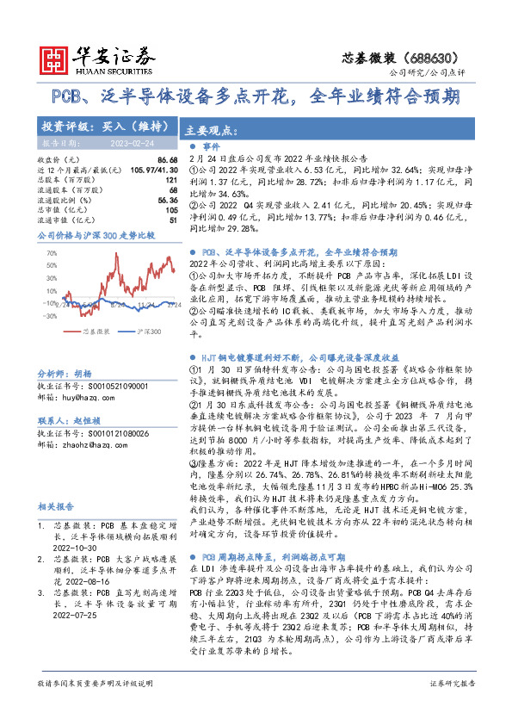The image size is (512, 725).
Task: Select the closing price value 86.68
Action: point(168,160)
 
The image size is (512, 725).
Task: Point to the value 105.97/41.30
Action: point(151,170)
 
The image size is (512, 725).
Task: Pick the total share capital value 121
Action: point(172,180)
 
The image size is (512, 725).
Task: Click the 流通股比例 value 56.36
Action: point(168,200)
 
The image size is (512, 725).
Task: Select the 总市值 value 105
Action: point(172,209)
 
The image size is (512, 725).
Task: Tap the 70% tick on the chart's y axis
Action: point(51,253)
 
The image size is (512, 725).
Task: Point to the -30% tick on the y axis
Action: point(50,316)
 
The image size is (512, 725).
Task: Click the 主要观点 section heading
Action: point(210,131)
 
